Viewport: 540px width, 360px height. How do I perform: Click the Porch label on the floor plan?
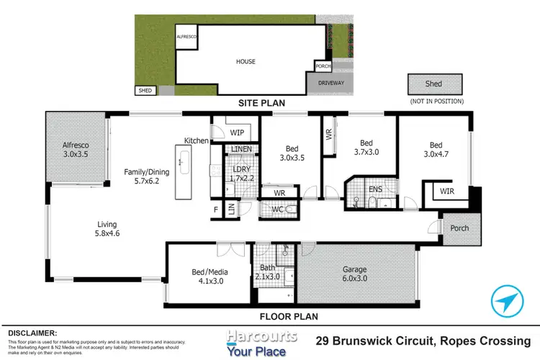click(459, 228)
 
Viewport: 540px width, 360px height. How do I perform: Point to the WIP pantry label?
click(238, 132)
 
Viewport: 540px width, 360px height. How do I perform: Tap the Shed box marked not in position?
click(433, 84)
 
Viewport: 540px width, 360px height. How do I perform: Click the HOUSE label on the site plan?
click(246, 62)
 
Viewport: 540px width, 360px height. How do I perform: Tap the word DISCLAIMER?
click(32, 333)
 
